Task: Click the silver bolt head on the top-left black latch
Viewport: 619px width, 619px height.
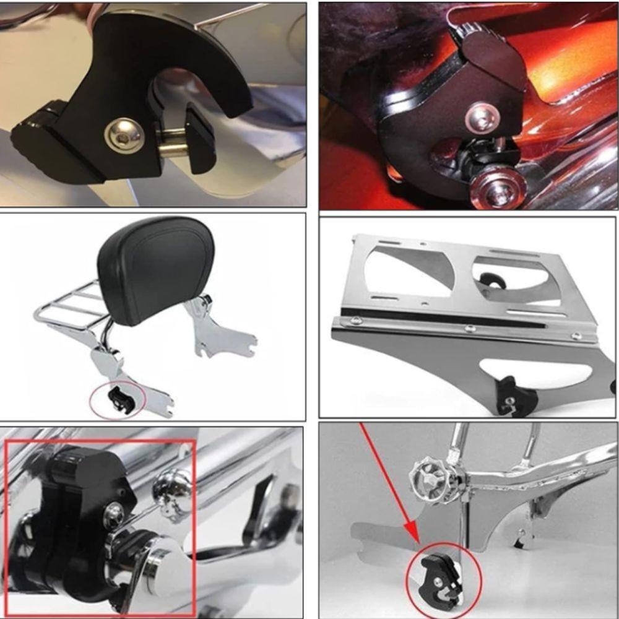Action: [x=120, y=133]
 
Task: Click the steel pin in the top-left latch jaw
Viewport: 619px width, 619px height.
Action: [x=171, y=149]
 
